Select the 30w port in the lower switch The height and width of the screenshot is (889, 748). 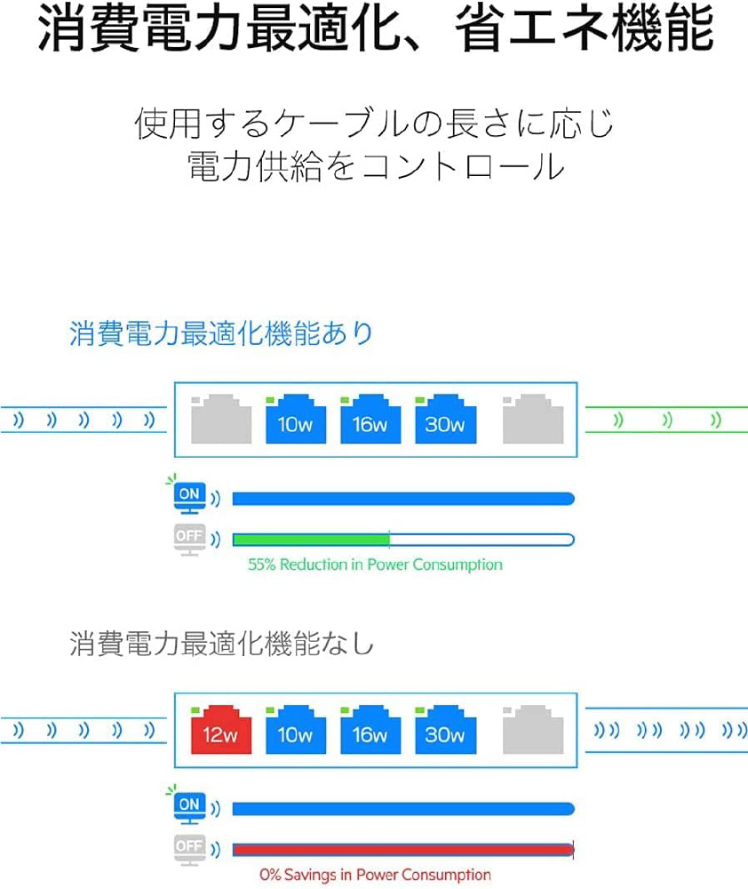445,730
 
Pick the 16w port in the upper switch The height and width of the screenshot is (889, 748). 370,420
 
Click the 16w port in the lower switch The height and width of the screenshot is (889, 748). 370,730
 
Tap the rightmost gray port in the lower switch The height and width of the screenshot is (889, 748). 533,730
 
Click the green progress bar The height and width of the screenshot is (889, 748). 311,540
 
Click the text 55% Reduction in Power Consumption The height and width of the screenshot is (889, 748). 375,565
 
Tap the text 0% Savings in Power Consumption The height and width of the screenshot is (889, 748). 375,875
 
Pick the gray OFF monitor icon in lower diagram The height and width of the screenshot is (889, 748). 189,850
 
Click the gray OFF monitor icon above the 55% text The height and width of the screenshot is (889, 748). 189,539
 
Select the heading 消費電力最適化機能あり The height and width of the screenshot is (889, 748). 221,333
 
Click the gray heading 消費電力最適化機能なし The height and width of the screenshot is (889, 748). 221,643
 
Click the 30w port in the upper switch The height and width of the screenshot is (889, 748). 445,420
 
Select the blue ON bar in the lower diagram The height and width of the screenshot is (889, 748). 402,808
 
